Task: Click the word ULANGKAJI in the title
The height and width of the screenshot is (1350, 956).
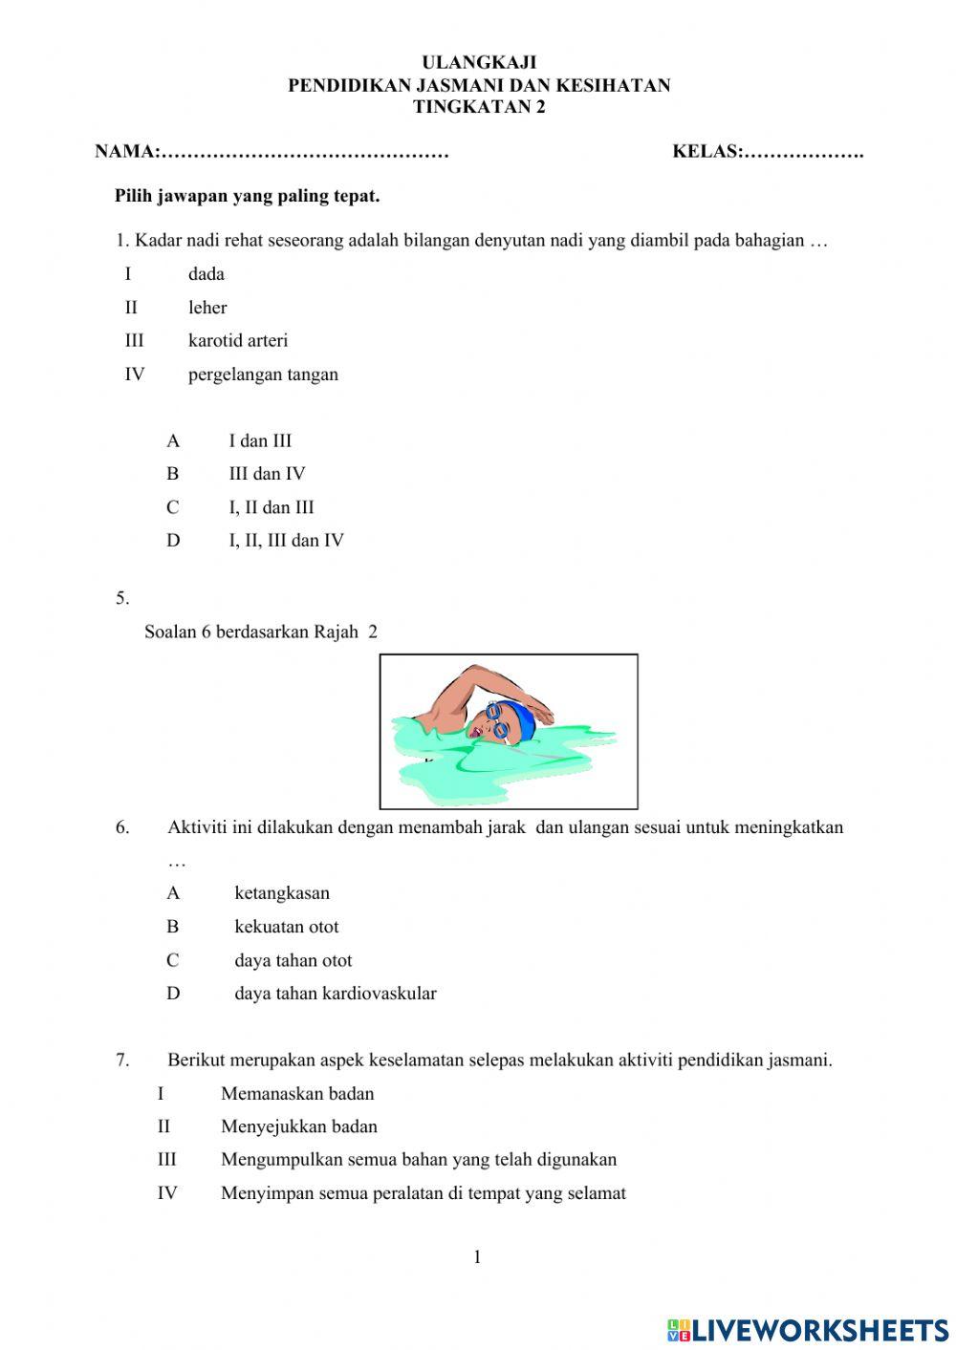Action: tap(479, 63)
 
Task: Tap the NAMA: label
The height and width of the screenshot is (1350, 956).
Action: tap(127, 151)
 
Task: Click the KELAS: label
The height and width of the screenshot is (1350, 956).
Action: tap(707, 151)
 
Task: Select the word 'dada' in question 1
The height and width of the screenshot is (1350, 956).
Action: tap(206, 274)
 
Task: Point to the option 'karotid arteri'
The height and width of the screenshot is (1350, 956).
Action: tap(237, 340)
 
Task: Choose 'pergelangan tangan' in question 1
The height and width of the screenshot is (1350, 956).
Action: tap(263, 375)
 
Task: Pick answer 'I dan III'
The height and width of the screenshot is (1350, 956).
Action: tap(260, 440)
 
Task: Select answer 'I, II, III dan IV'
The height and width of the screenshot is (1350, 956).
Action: tap(286, 541)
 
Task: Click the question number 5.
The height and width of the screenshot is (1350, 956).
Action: tap(122, 599)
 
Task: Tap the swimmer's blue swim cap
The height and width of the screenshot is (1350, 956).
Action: tap(519, 718)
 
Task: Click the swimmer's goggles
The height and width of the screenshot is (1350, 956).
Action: tap(496, 720)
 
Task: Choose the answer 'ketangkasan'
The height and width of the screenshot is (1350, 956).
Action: tap(282, 893)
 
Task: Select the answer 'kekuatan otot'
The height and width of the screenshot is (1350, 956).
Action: tap(286, 927)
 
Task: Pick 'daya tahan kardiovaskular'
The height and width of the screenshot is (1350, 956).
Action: tap(336, 994)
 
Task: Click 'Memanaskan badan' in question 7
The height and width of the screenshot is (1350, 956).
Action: tap(297, 1094)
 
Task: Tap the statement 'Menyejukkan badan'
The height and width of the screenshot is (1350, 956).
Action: tap(299, 1127)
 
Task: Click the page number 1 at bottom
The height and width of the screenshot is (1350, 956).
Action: tap(477, 1257)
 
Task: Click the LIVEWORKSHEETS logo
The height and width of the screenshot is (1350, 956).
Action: tap(808, 1329)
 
